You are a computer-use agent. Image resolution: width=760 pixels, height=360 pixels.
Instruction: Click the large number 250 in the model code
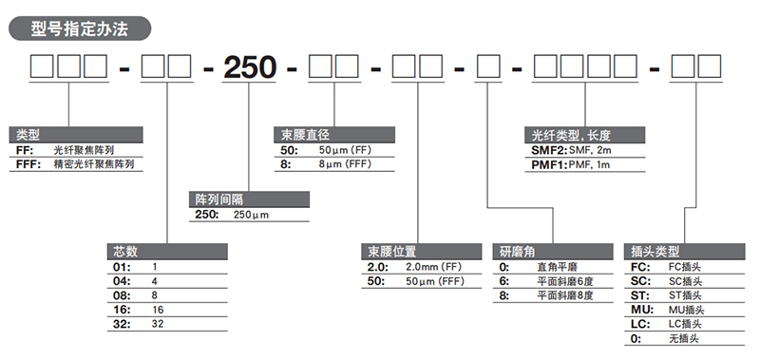point(250,70)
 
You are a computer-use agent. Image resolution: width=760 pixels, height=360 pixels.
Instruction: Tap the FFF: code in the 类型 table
point(29,164)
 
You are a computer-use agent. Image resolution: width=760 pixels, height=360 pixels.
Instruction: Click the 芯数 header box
point(167,252)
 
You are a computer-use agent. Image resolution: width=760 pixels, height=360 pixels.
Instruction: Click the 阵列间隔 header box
point(250,199)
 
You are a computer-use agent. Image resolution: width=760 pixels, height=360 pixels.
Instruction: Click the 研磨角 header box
point(551,252)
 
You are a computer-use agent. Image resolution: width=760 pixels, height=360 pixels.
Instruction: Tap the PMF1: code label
point(546,164)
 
